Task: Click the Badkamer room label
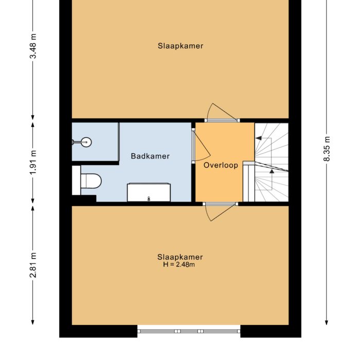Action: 150,156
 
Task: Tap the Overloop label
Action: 221,166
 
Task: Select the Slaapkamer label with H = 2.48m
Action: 180,257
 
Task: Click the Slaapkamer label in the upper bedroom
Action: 180,46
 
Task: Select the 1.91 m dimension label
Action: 33,161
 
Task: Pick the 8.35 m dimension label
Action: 327,149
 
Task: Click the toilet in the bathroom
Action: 92,181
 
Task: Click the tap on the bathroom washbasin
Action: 148,198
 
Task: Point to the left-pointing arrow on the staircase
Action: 259,138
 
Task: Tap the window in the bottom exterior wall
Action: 189,331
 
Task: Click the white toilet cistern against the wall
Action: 76,181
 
